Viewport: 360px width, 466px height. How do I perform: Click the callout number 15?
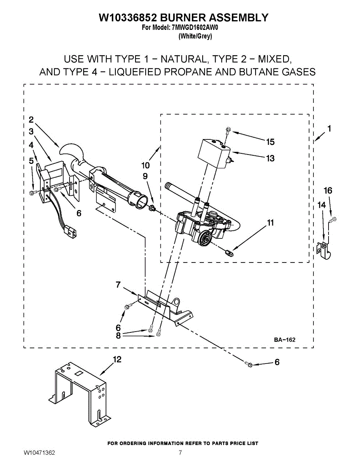click(x=270, y=142)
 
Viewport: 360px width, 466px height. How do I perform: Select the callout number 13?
click(x=270, y=158)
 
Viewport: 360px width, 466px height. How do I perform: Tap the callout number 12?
click(x=117, y=360)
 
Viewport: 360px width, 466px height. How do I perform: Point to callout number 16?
click(x=328, y=190)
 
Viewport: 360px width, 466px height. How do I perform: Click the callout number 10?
click(x=146, y=165)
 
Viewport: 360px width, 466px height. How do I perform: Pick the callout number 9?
click(x=145, y=176)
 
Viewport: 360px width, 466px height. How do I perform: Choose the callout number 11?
click(x=270, y=223)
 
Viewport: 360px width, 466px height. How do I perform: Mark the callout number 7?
click(x=118, y=285)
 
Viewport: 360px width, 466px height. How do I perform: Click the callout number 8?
click(x=118, y=336)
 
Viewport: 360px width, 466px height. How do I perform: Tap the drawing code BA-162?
click(x=285, y=340)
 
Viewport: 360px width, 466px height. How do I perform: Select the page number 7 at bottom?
click(x=180, y=453)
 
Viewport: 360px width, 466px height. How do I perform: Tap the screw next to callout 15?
click(x=228, y=132)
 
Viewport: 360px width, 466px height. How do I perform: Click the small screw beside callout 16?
click(x=332, y=220)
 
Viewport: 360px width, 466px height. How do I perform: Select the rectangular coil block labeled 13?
click(x=213, y=154)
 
